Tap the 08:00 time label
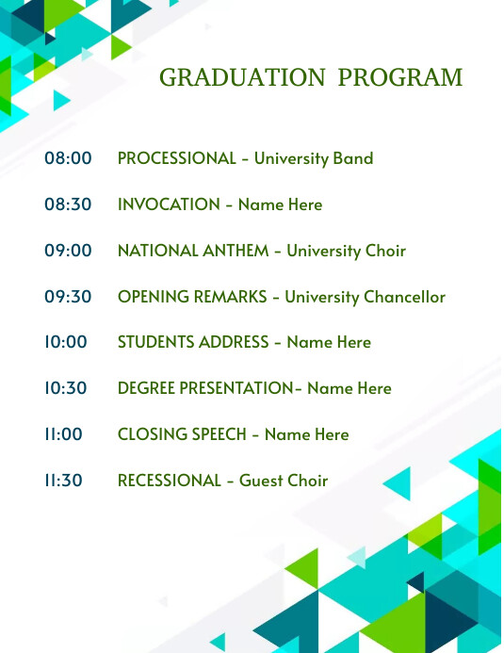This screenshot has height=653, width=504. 68,158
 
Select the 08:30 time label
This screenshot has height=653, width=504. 68,204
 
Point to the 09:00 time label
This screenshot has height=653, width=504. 68,251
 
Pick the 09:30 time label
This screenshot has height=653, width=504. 68,297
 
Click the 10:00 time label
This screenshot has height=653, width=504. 66,342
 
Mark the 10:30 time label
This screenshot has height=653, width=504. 66,388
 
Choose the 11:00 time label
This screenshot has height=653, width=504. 63,434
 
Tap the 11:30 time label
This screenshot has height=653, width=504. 63,481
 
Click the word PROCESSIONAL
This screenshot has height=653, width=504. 176,158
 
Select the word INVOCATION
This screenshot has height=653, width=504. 169,204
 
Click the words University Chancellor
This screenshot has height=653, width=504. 365,297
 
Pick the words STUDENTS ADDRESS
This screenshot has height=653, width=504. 193,342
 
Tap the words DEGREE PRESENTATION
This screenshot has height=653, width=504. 205,388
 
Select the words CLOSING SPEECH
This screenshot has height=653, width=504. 182,434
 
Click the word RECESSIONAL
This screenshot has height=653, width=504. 169,481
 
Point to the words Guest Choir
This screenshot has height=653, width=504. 284,481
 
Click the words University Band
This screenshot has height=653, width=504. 314,158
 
